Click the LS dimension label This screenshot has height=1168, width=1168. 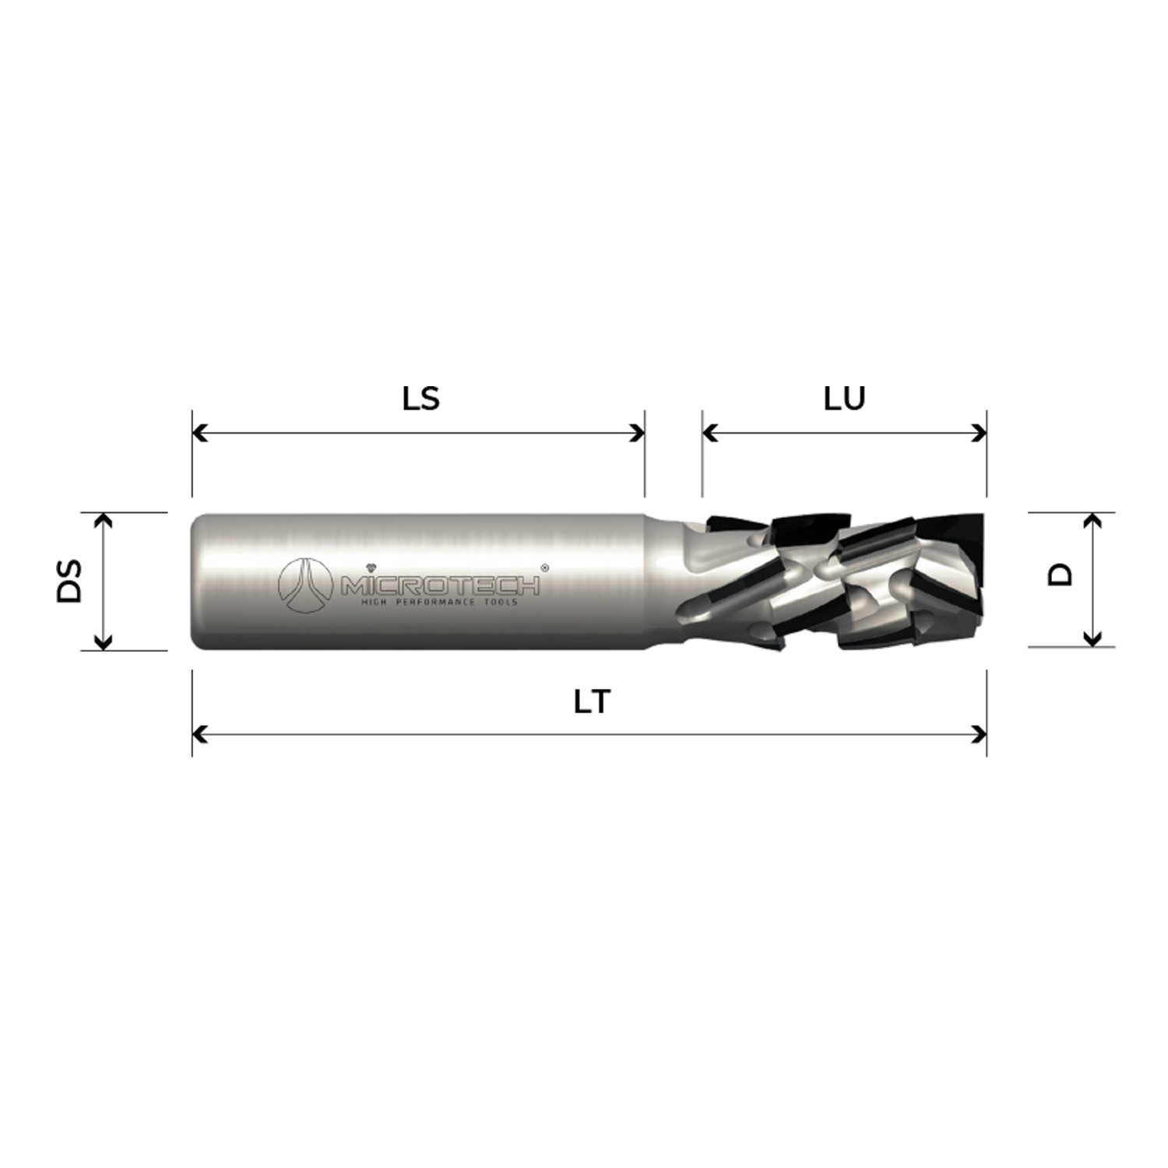pos(420,399)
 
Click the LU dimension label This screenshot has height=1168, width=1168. pos(844,399)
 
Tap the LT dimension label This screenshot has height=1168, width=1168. pos(591,702)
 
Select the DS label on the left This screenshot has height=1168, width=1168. pos(69,581)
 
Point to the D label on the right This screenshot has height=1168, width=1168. pos(1060,575)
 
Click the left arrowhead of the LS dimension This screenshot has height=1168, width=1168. pos(199,432)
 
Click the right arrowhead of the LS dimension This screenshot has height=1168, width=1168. pos(638,432)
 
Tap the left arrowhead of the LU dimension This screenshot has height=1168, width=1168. pos(709,432)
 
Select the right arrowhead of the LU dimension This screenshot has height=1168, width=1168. pos(980,432)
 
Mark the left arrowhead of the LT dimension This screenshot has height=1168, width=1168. pos(199,734)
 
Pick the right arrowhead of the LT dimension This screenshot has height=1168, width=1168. pos(980,734)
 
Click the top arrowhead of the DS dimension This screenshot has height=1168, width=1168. pos(103,520)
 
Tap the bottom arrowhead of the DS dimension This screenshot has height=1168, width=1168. pos(103,642)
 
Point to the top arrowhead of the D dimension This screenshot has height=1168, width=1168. pos(1092,520)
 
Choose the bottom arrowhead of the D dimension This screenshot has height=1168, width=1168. pos(1092,639)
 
